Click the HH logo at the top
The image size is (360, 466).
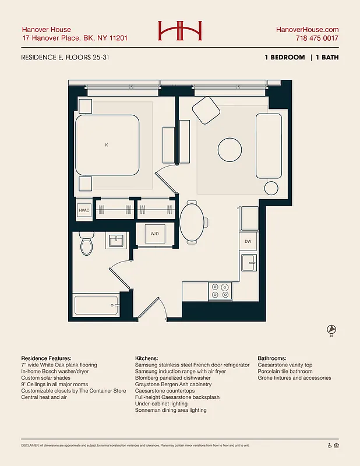[179, 31]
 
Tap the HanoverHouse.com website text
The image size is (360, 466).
[307, 30]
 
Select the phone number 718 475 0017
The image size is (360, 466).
[317, 39]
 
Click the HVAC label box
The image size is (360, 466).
[84, 210]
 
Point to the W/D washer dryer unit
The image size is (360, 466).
[155, 234]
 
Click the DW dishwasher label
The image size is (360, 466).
[248, 241]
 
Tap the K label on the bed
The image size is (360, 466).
[107, 145]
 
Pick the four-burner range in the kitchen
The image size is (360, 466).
[221, 291]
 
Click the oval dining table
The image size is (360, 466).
[193, 222]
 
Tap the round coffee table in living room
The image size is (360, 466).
[230, 150]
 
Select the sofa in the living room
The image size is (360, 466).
[269, 146]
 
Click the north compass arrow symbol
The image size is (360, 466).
[331, 330]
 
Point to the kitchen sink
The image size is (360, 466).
[248, 263]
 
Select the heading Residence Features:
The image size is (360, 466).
[46, 358]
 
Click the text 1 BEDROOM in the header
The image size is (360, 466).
[284, 58]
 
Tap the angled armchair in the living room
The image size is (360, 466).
[205, 110]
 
